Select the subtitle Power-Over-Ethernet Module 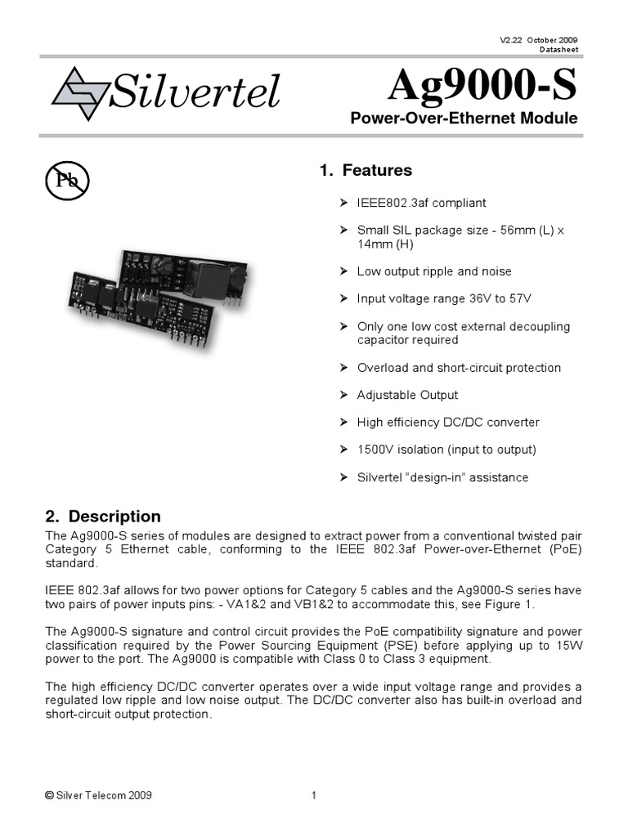[x=464, y=119]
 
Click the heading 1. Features [x=366, y=171]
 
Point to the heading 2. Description [x=102, y=517]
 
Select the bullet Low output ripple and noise [x=434, y=271]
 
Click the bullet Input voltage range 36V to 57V [x=437, y=299]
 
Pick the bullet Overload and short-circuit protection [x=459, y=368]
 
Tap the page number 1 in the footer [x=314, y=795]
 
